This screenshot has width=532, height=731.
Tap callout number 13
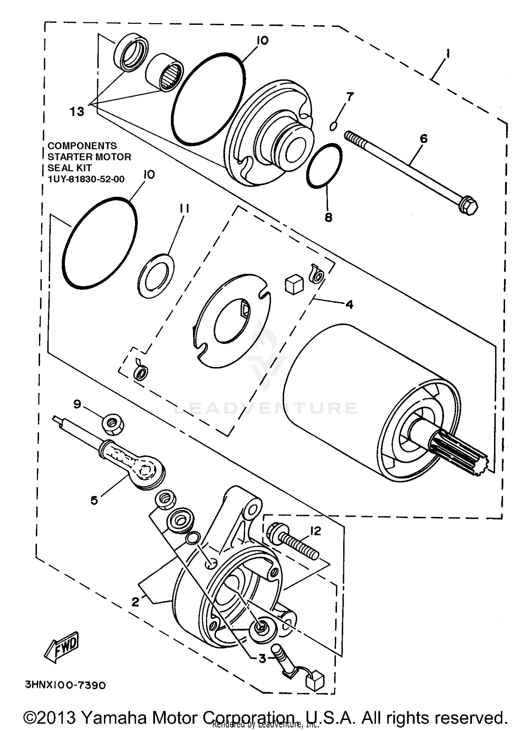(x=77, y=112)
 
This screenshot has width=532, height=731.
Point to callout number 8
(x=328, y=217)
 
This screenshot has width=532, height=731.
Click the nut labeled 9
(x=113, y=423)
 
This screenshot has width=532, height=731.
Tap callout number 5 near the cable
(x=94, y=500)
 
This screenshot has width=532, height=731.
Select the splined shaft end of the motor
(x=461, y=455)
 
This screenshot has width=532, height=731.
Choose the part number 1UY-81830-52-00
(x=86, y=179)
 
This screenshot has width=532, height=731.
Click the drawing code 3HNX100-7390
(x=65, y=705)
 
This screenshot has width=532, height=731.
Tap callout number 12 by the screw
(x=315, y=531)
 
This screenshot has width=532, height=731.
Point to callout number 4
(x=349, y=304)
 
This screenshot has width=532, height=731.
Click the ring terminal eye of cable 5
(x=146, y=471)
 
